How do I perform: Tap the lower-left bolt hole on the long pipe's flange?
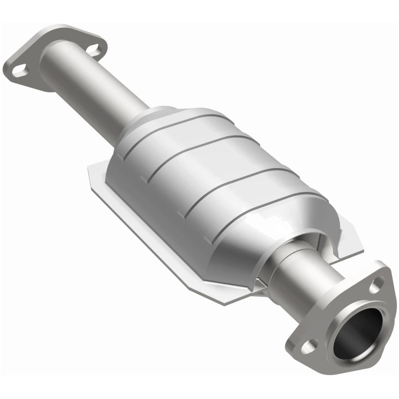coord(19,70)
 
